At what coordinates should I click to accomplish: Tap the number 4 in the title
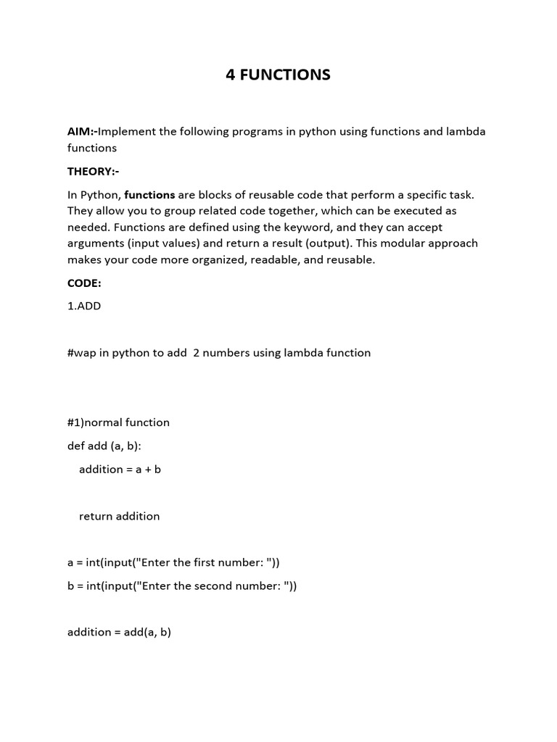[230, 75]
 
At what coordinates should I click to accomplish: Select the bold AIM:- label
[82, 132]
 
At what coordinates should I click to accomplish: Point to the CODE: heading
[84, 283]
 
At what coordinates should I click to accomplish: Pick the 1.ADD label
[84, 306]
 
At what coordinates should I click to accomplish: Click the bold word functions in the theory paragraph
[149, 195]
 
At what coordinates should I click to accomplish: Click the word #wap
[83, 353]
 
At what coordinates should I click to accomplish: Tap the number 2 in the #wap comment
[197, 353]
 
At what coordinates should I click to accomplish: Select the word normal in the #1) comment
[104, 422]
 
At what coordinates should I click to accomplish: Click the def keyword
[76, 446]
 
